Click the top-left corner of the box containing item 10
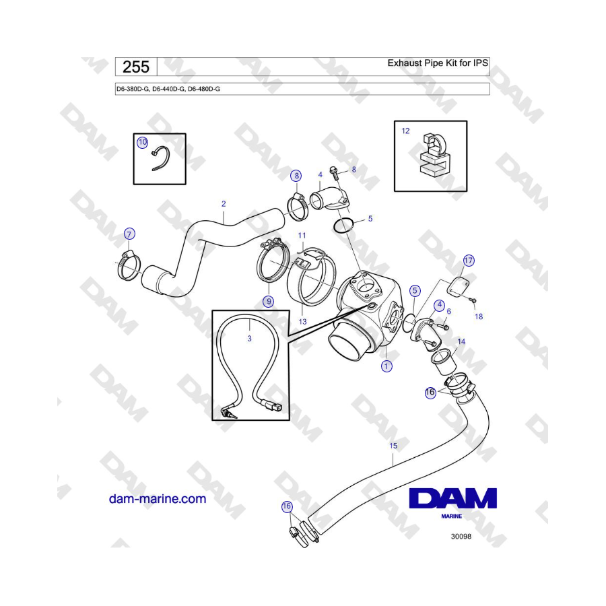tap(134, 134)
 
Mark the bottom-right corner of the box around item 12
tap(467, 191)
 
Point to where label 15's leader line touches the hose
tap(393, 466)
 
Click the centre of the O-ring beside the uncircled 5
tap(343, 226)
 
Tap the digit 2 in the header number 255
tap(129, 67)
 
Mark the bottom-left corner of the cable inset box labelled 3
tap(213, 419)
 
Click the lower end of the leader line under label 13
tap(302, 316)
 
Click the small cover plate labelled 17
tap(459, 286)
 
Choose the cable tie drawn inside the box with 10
tap(160, 158)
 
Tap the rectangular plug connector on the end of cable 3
tap(273, 406)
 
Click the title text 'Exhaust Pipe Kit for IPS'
tap(438, 63)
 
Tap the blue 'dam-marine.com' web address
tap(158, 499)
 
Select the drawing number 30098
tap(461, 537)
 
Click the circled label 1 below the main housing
tap(386, 366)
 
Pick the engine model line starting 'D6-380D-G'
tap(168, 89)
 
